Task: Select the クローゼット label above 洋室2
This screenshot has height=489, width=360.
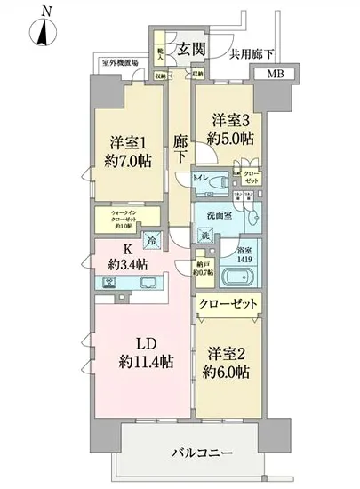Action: click(x=228, y=304)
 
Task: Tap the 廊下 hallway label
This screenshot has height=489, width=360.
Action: click(x=180, y=148)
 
